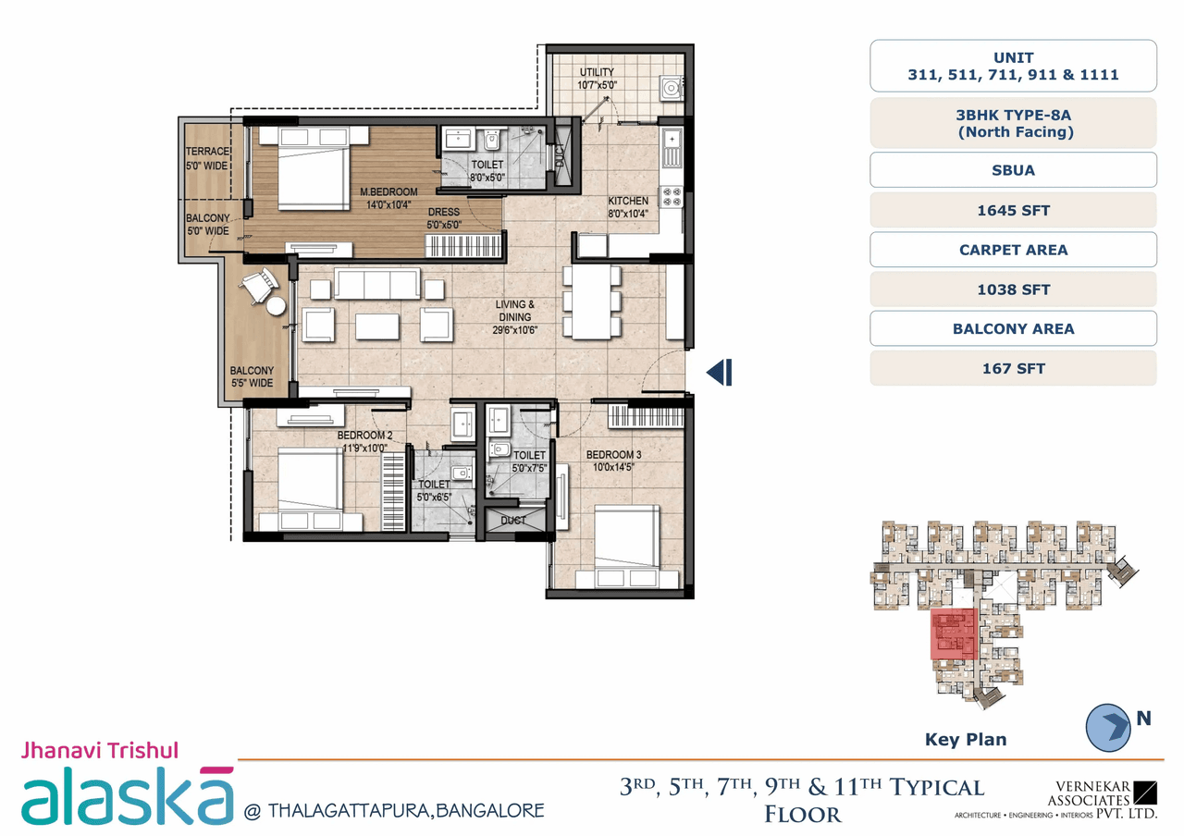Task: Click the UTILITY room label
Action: click(x=597, y=73)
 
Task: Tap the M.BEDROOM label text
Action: click(x=388, y=192)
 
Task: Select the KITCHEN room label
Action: click(x=627, y=202)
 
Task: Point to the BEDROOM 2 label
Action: click(x=364, y=436)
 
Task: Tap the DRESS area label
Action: click(x=443, y=212)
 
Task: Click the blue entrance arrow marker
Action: click(x=720, y=372)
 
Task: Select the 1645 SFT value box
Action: click(x=1013, y=210)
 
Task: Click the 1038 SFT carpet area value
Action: click(x=1013, y=289)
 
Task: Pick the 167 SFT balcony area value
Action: click(x=1013, y=368)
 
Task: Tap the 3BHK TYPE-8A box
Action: click(x=1013, y=123)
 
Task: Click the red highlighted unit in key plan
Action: click(x=954, y=634)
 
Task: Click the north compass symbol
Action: click(x=1110, y=726)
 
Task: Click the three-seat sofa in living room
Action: click(x=376, y=285)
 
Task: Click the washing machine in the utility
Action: click(x=671, y=87)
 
